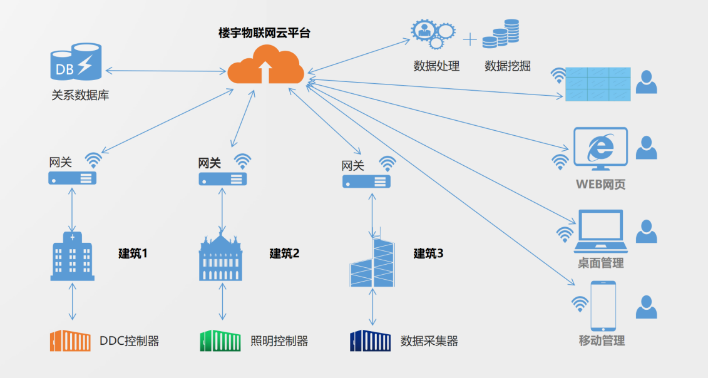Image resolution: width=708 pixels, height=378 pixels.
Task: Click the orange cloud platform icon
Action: [x=266, y=65]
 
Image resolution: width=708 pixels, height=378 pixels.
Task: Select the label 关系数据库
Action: [x=81, y=96]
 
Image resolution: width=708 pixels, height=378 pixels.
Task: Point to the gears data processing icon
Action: [x=432, y=35]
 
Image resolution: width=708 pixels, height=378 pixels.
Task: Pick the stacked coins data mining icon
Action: [x=501, y=34]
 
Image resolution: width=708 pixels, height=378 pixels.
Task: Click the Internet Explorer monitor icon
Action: [x=600, y=149]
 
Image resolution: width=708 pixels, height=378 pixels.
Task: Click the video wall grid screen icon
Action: [x=598, y=84]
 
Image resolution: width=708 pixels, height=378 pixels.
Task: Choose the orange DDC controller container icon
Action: [x=71, y=341]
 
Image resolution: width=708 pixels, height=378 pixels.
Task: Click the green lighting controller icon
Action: [x=220, y=341]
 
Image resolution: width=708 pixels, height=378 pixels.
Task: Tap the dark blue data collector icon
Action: [x=370, y=341]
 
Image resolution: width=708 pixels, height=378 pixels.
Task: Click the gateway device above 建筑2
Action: [x=222, y=179]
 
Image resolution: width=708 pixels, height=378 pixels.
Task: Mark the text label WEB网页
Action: [x=601, y=185]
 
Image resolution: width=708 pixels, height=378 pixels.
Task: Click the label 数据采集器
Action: [x=429, y=341]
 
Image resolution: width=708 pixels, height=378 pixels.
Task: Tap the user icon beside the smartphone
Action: [x=646, y=306]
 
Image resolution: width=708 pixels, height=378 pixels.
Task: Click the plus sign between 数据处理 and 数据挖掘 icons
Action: [x=469, y=40]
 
